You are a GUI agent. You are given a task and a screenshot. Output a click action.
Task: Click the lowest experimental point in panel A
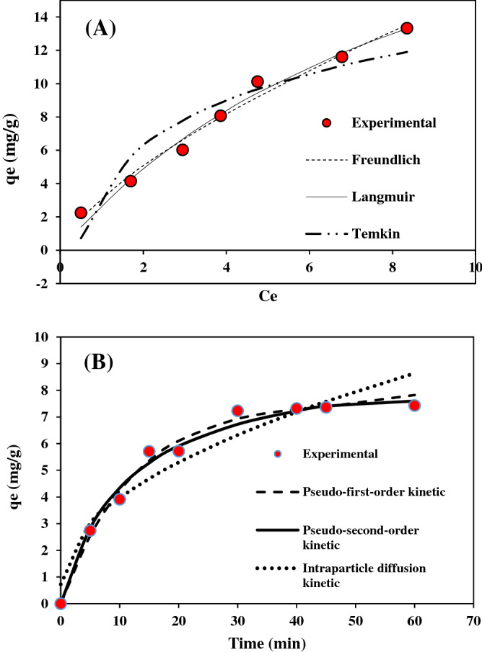click(x=81, y=213)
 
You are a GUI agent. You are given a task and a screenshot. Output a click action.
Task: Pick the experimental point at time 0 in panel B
click(x=61, y=604)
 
